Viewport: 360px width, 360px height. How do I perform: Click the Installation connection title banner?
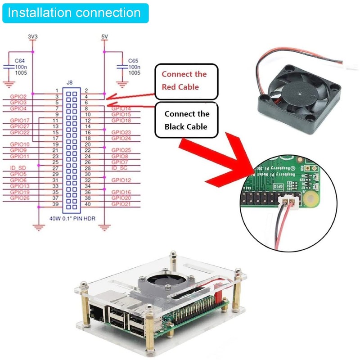coord(75,12)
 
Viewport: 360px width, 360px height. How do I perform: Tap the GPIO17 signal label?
coord(20,121)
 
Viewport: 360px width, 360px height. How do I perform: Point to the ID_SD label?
coord(17,168)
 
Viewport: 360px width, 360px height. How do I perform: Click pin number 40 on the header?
coord(88,204)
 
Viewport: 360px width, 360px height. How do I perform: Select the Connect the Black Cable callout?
coord(186,120)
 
